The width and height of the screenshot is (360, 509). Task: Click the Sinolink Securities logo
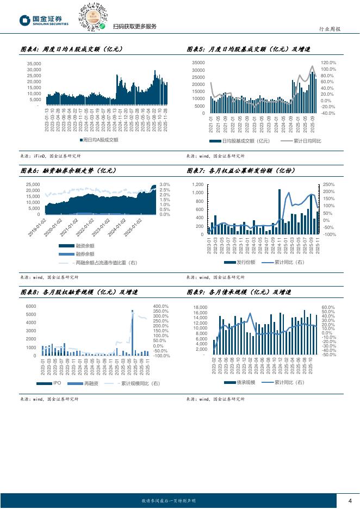[44, 20]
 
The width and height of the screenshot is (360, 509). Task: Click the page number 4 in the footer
[350, 501]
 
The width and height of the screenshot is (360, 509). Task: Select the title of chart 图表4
[71, 49]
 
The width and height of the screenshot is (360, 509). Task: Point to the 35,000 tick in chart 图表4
[34, 64]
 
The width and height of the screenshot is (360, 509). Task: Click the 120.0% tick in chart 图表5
[328, 63]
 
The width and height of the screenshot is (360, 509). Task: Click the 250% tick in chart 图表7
[328, 185]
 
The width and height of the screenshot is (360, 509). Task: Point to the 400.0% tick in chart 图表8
[160, 307]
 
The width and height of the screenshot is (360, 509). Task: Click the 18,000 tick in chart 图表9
[201, 308]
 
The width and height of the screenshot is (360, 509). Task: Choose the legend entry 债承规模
[243, 383]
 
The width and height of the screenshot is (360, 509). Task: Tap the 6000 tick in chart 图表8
[31, 307]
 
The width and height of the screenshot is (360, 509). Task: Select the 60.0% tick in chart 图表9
[328, 308]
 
